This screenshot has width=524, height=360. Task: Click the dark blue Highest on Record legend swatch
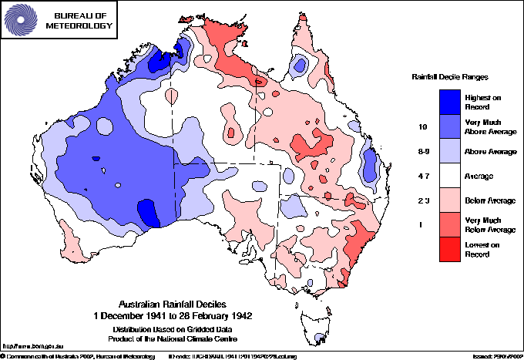point(450,101)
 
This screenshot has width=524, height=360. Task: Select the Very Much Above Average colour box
point(450,126)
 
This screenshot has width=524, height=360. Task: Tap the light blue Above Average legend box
point(450,151)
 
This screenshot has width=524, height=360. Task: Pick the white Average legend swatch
point(450,177)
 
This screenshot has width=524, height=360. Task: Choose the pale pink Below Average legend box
point(450,201)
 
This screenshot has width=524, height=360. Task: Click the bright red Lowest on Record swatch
point(450,251)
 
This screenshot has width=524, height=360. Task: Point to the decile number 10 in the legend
point(422,126)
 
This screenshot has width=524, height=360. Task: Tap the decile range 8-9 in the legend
point(422,151)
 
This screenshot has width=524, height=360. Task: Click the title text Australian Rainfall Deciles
point(173,304)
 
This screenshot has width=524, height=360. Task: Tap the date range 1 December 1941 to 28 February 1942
point(173,315)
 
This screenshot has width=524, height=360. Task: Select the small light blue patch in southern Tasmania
point(319,337)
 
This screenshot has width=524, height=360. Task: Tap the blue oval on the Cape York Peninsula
point(301,64)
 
